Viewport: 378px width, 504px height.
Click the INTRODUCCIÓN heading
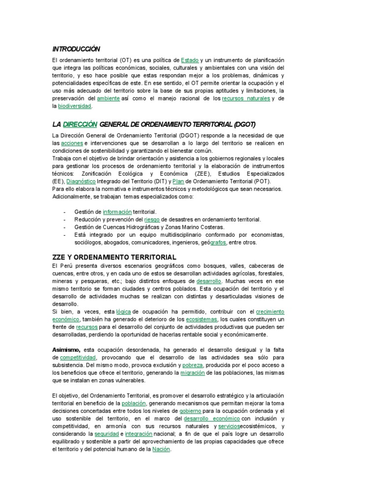[76, 49]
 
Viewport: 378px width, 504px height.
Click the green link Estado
[189, 60]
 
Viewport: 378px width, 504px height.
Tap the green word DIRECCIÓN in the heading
[81, 124]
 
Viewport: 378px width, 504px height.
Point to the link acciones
[68, 143]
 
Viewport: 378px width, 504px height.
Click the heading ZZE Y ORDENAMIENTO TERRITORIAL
[114, 257]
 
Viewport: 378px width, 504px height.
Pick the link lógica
[124, 312]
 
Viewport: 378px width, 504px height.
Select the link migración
[193, 373]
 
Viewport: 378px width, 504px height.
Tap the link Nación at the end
[161, 449]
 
